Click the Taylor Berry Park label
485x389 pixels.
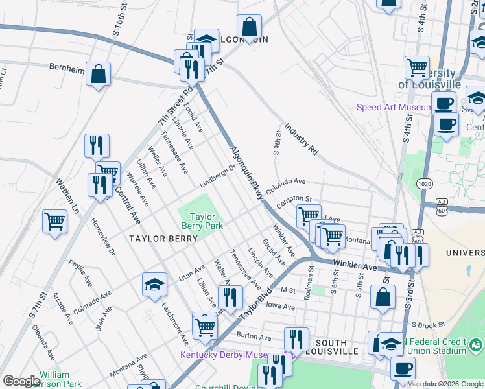tap(202, 222)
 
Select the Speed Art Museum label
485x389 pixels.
tap(394, 107)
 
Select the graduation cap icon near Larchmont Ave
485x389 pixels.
tap(154, 284)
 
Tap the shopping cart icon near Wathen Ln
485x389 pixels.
tap(54, 221)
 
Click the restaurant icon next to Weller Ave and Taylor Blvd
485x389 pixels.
tap(230, 297)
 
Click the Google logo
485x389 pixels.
tap(21, 381)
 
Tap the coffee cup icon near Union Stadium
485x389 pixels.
tap(403, 368)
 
